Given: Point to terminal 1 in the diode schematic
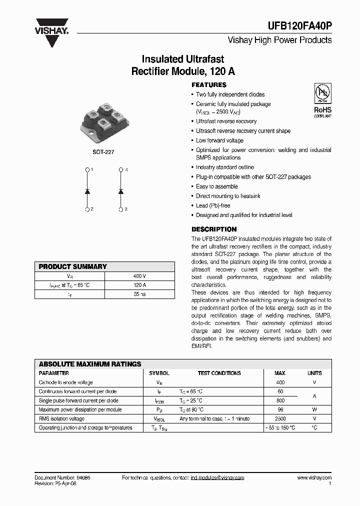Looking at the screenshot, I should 87,170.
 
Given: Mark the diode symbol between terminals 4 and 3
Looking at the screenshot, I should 120,190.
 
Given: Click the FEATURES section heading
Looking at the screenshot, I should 209,85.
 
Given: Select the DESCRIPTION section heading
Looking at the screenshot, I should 213,229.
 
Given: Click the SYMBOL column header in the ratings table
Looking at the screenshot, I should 159,373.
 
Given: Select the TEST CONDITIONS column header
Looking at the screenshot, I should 219,373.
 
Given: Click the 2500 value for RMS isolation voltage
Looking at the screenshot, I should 280,418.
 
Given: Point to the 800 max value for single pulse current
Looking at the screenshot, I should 280,400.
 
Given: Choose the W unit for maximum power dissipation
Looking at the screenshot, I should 314,409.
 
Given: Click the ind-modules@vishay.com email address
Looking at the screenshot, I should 217,478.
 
